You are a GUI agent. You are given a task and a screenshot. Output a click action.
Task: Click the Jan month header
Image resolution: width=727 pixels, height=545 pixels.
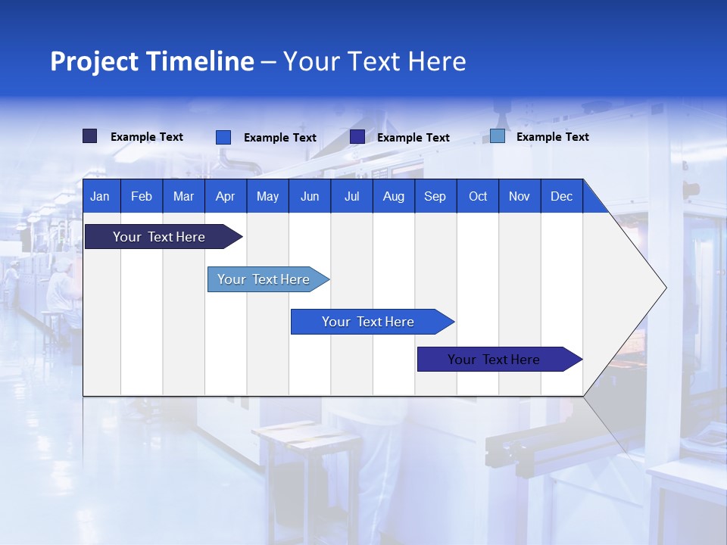(x=100, y=196)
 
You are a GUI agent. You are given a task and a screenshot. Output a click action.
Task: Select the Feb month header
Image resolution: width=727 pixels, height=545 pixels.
(x=142, y=196)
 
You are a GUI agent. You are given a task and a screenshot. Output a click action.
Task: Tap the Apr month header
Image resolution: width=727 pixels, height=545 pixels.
(x=225, y=196)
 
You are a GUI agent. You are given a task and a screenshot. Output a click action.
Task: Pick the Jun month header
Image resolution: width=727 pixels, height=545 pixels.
(x=310, y=196)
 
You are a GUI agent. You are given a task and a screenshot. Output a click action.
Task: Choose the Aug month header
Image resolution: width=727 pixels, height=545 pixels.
(x=393, y=196)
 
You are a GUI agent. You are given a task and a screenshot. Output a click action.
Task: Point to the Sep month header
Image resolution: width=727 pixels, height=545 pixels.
(x=435, y=196)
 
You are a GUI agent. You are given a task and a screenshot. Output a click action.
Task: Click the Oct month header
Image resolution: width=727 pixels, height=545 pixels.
(x=478, y=196)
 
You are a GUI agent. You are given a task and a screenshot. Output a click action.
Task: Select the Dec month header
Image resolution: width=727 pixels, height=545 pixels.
(x=561, y=196)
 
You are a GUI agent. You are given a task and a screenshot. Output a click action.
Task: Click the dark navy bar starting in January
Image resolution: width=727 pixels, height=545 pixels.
(x=160, y=237)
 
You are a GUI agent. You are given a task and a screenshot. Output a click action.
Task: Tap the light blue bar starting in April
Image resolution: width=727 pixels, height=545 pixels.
(x=264, y=279)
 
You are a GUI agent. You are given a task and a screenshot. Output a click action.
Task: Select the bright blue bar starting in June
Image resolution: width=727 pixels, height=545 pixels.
(x=369, y=322)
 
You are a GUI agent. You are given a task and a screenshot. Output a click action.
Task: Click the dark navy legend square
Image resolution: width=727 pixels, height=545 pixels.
(x=89, y=136)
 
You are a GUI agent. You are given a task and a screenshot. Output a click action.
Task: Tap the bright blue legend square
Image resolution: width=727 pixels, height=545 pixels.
(x=223, y=137)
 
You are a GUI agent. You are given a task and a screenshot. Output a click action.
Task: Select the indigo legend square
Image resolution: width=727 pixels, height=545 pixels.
(x=357, y=137)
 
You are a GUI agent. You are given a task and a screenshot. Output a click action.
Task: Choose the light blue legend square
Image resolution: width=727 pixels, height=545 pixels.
(x=498, y=136)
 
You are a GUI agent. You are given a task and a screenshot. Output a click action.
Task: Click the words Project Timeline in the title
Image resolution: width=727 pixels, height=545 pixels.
(x=151, y=61)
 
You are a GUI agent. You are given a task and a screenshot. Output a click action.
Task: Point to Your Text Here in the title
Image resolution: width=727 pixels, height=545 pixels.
(x=375, y=61)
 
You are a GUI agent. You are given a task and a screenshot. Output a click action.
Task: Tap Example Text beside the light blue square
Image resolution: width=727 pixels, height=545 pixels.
(x=552, y=137)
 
